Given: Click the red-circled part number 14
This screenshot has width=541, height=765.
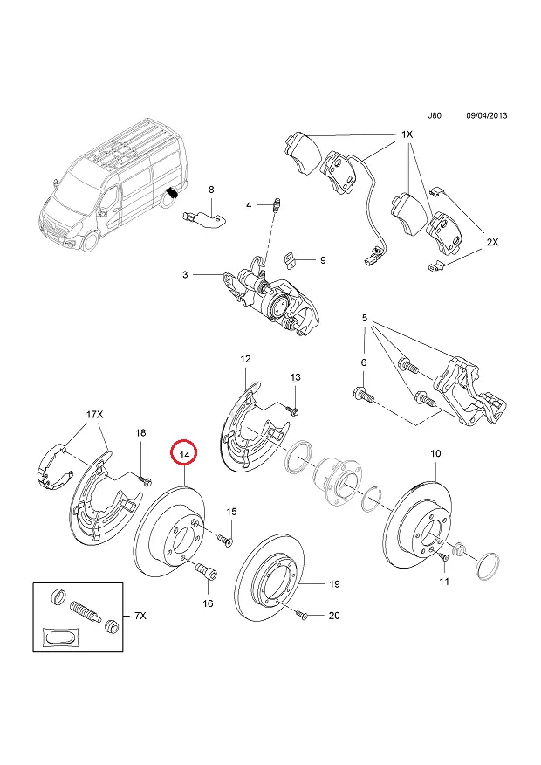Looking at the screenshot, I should tap(185, 454).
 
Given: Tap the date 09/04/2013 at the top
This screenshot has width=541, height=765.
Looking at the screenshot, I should tap(487, 115).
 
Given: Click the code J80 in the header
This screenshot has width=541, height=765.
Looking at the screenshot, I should tap(435, 115).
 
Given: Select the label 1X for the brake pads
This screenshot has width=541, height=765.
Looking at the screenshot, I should tap(407, 135).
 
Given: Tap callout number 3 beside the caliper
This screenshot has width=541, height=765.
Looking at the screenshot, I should tap(185, 274).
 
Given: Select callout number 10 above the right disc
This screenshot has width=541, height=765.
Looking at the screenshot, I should tap(435, 453).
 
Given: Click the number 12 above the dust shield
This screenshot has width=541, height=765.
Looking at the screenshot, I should tap(245, 359).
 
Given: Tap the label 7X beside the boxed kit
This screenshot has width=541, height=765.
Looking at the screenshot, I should tap(140, 617).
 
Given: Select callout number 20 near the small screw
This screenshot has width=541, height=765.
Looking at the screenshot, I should tap(333, 616).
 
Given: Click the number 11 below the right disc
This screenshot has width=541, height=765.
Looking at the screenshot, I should tap(444, 581).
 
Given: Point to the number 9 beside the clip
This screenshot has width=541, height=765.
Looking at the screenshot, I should tap(322, 259).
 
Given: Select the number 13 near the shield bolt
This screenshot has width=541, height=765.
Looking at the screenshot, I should tap(295, 376).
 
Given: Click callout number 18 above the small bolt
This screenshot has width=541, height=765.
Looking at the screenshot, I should tap(140, 433).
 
